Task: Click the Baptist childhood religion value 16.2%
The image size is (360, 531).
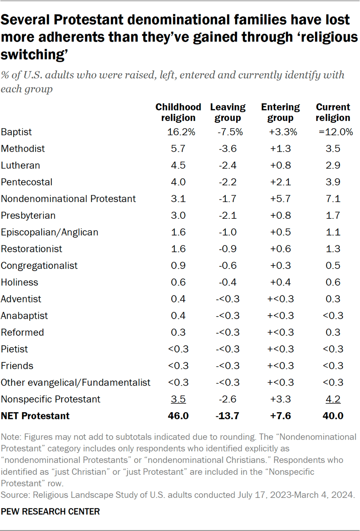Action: (178, 132)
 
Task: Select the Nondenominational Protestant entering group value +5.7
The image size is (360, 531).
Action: (280, 199)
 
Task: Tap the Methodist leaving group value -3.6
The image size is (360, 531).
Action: (228, 149)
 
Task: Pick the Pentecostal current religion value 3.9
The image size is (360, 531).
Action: (333, 182)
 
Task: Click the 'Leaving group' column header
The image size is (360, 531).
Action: (228, 112)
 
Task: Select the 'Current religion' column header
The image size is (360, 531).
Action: (333, 112)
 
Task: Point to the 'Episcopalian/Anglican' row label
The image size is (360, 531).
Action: (49, 232)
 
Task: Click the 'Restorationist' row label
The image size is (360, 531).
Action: (31, 249)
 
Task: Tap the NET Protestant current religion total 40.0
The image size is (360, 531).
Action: (333, 416)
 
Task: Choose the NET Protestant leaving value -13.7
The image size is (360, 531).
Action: (228, 416)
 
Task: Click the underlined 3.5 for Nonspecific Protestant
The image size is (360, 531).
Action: (178, 399)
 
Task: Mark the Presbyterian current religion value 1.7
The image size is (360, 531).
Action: (333, 215)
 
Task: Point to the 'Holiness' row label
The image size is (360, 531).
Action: (19, 282)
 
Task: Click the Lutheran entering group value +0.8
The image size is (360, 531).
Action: (280, 165)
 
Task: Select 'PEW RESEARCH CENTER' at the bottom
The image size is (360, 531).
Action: (50, 511)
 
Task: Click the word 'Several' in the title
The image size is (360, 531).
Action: (25, 21)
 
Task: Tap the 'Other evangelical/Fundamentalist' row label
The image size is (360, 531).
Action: (75, 382)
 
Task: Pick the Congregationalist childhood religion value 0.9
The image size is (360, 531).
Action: (178, 265)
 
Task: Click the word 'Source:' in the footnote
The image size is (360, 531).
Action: (14, 495)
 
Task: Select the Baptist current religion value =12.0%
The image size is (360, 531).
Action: (336, 132)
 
